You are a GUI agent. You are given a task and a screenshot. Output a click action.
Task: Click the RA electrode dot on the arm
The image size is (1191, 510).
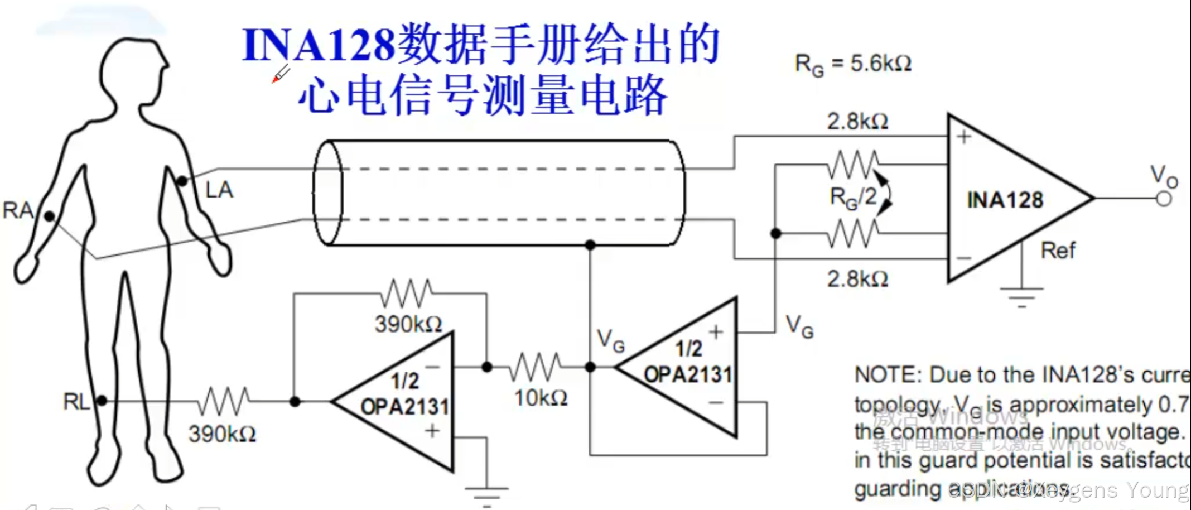tap(50, 216)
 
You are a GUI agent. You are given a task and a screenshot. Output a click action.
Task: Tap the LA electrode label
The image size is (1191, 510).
tap(219, 190)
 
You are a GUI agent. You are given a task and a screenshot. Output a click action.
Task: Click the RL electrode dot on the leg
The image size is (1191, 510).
tap(102, 401)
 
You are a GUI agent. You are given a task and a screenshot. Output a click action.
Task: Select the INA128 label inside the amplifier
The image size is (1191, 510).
tap(1005, 200)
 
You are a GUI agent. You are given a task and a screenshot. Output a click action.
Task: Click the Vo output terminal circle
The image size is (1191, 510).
tap(1164, 199)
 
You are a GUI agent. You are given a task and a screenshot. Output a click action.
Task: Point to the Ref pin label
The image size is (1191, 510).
tap(1058, 251)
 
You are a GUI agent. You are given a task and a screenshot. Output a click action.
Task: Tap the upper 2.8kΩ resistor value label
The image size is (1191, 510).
tap(857, 121)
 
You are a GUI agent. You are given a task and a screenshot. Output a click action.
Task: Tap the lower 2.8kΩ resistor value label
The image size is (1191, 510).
tap(857, 278)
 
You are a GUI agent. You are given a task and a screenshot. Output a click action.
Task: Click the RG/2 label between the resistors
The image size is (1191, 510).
tap(853, 198)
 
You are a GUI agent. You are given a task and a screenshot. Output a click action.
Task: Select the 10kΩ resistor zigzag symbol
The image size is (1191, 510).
tap(536, 367)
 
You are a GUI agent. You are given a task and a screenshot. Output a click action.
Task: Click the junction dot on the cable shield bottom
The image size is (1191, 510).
tap(590, 244)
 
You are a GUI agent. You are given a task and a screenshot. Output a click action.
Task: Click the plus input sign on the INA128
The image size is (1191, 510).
tap(964, 137)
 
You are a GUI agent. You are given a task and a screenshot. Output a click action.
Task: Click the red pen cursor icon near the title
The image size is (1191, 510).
tap(280, 74)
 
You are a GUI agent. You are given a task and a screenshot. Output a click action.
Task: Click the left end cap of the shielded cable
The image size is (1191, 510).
tap(327, 193)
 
